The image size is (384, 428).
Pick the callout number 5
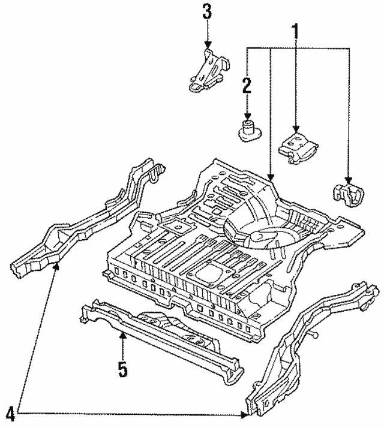point(122,369)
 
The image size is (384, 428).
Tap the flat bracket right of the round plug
point(298,147)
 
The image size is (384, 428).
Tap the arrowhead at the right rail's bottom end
point(244,413)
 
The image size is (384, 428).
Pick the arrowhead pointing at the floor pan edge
point(271,178)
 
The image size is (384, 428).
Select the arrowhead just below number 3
point(208,44)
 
